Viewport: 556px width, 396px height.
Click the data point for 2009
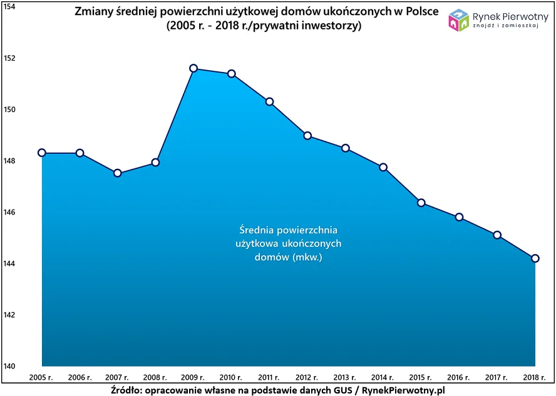coord(193,68)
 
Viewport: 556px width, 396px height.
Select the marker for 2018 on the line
coord(535,258)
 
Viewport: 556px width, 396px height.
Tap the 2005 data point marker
coord(42,153)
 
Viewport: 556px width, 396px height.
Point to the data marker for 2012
coord(307,136)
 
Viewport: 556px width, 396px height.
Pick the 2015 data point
coord(421,203)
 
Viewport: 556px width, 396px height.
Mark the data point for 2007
coord(118,173)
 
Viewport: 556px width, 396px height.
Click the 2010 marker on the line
coord(232,74)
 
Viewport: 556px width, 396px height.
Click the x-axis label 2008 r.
coord(156,377)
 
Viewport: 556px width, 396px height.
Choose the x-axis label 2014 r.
coord(383,377)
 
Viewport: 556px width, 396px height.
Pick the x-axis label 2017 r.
coord(497,377)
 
